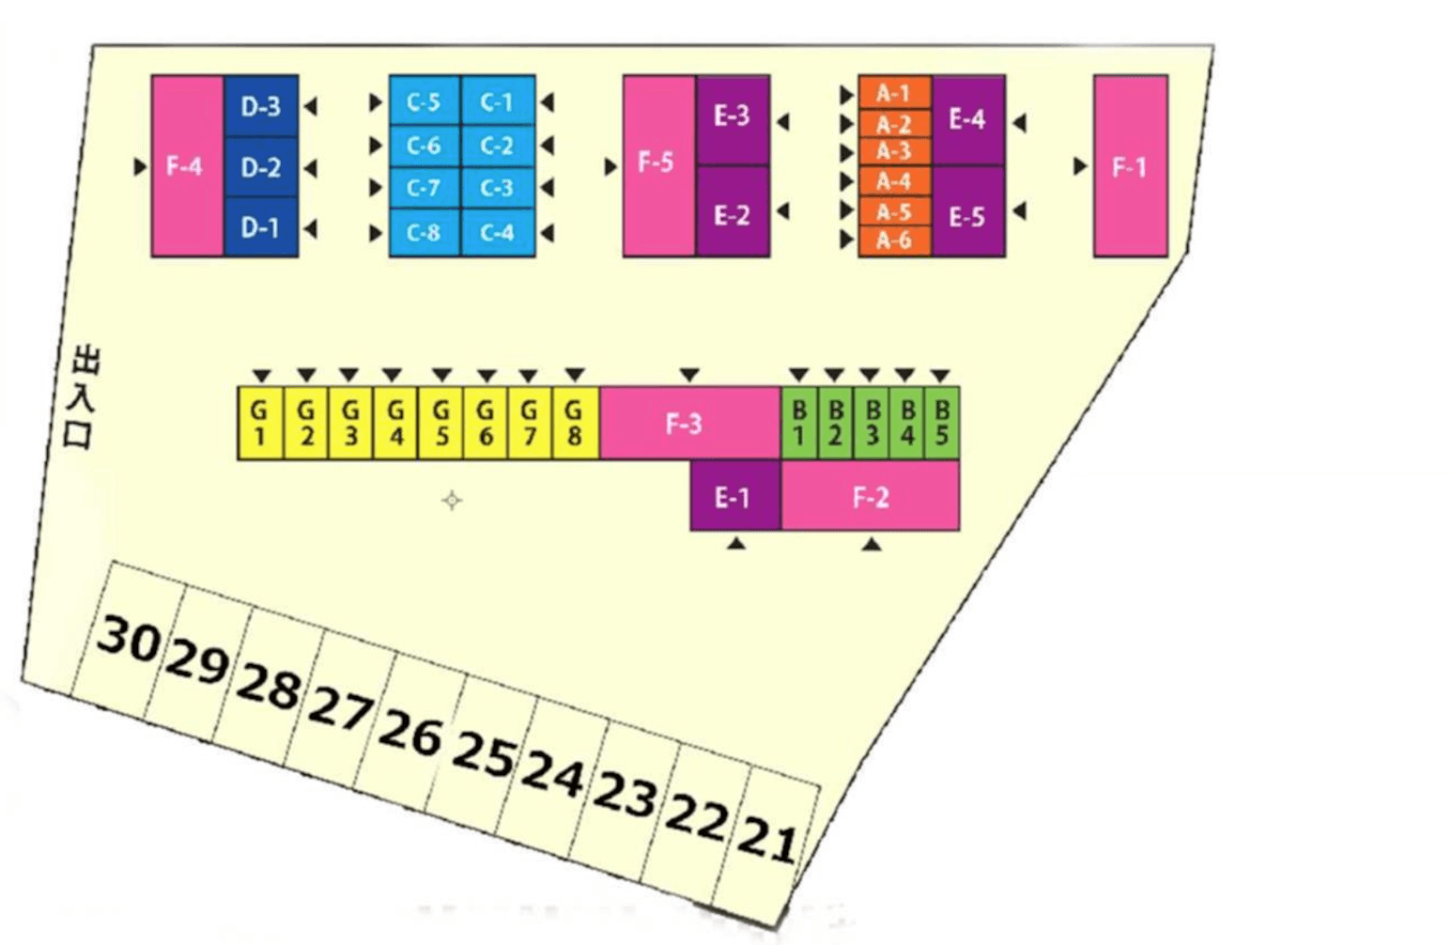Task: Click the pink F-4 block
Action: (187, 166)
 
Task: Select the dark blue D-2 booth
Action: (261, 167)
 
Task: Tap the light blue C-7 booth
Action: (425, 188)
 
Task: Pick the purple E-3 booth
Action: (733, 117)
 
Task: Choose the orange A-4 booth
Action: (894, 180)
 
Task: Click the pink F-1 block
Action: (1130, 166)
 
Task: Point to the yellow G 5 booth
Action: (440, 423)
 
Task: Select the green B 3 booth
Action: (872, 423)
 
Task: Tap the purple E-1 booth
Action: (734, 497)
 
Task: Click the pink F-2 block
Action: (871, 497)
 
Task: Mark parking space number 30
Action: (128, 639)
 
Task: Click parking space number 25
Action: (484, 751)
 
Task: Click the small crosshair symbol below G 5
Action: (452, 501)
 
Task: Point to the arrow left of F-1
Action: (1080, 166)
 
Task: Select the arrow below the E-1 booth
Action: (736, 543)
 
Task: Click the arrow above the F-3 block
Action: (689, 376)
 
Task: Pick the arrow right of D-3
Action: (310, 106)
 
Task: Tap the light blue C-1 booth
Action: (498, 101)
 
